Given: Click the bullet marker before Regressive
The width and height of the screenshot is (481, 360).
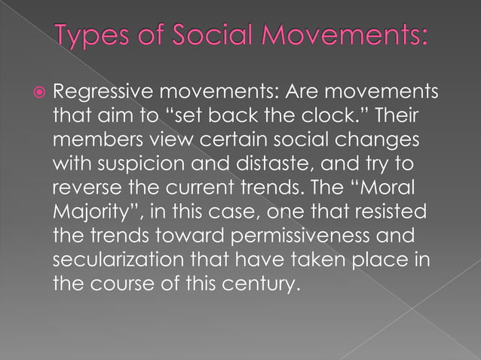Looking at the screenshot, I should click(x=39, y=95).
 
